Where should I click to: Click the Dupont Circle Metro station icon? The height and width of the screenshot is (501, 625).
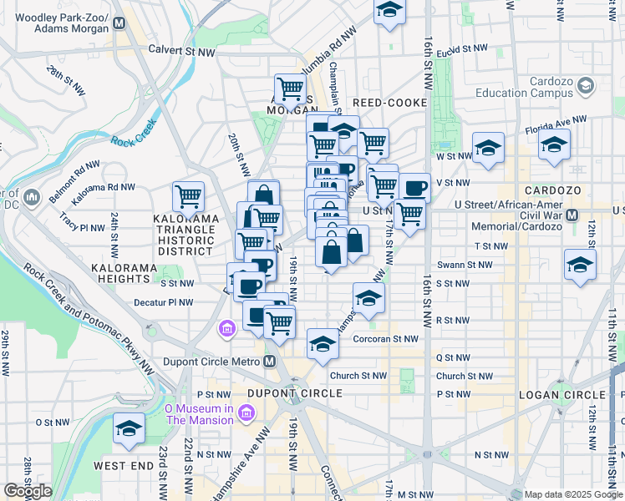pos(269,362)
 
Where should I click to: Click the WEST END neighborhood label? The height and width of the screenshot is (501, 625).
pos(124,465)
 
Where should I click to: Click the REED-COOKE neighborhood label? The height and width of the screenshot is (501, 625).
pos(389,103)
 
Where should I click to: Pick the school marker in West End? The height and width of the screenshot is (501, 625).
pos(128,429)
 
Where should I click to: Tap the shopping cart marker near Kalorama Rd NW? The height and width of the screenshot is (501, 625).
pos(189,197)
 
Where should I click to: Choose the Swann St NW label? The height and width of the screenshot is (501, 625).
pos(491,265)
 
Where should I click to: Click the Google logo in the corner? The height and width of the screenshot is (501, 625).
pos(28,491)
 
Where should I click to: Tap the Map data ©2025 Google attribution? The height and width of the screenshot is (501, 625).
pos(572,494)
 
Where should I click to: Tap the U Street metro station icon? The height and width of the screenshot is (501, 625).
pos(572,215)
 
